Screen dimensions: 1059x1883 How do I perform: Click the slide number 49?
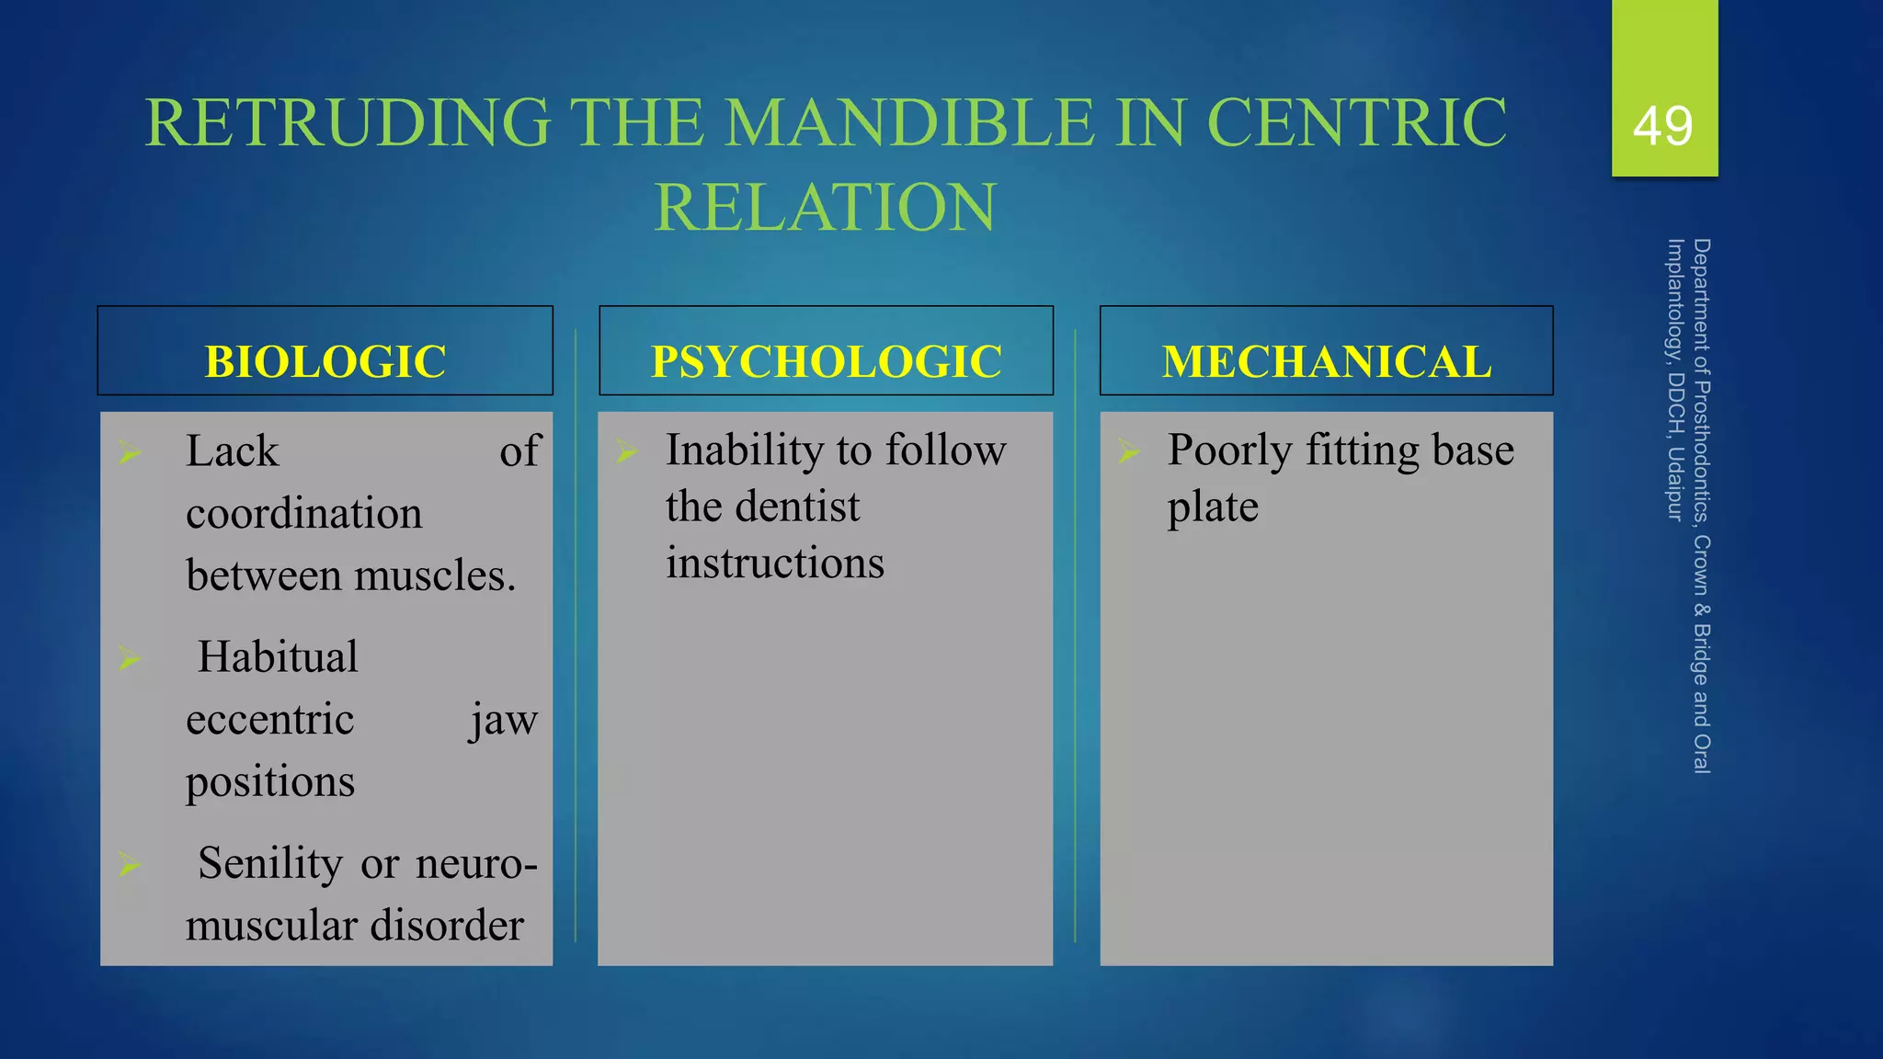1662,126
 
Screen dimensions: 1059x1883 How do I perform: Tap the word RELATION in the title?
825,207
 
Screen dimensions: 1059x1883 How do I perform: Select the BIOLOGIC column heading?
325,360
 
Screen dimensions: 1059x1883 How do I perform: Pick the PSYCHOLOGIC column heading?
826,360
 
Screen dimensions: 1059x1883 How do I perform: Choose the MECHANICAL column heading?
1326,360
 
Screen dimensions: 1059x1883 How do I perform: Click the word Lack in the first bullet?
232,451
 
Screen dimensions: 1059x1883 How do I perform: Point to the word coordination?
303,513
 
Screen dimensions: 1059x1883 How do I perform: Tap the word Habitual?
278,657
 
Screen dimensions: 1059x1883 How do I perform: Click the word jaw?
503,719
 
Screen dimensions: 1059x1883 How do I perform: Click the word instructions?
774,563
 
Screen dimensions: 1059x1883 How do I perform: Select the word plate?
1212,507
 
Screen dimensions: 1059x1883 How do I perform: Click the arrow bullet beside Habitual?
130,657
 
